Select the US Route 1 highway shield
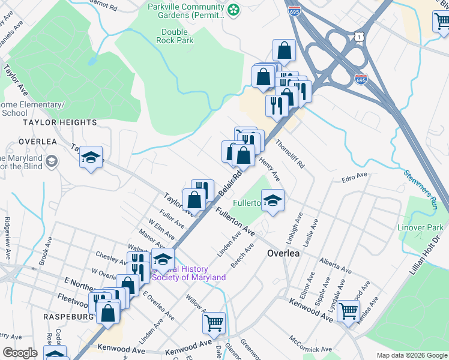click(x=359, y=37)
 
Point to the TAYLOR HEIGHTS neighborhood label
click(x=59, y=122)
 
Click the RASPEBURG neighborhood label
click(x=68, y=316)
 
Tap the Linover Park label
click(x=420, y=227)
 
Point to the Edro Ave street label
click(x=354, y=176)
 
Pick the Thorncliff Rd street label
click(x=290, y=154)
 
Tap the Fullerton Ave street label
click(x=236, y=222)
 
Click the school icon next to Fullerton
click(x=273, y=200)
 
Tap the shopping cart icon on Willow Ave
click(x=214, y=323)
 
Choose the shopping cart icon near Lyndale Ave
click(x=348, y=311)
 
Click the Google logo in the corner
click(x=20, y=353)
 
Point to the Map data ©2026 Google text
click(x=411, y=355)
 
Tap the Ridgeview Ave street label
click(x=7, y=238)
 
